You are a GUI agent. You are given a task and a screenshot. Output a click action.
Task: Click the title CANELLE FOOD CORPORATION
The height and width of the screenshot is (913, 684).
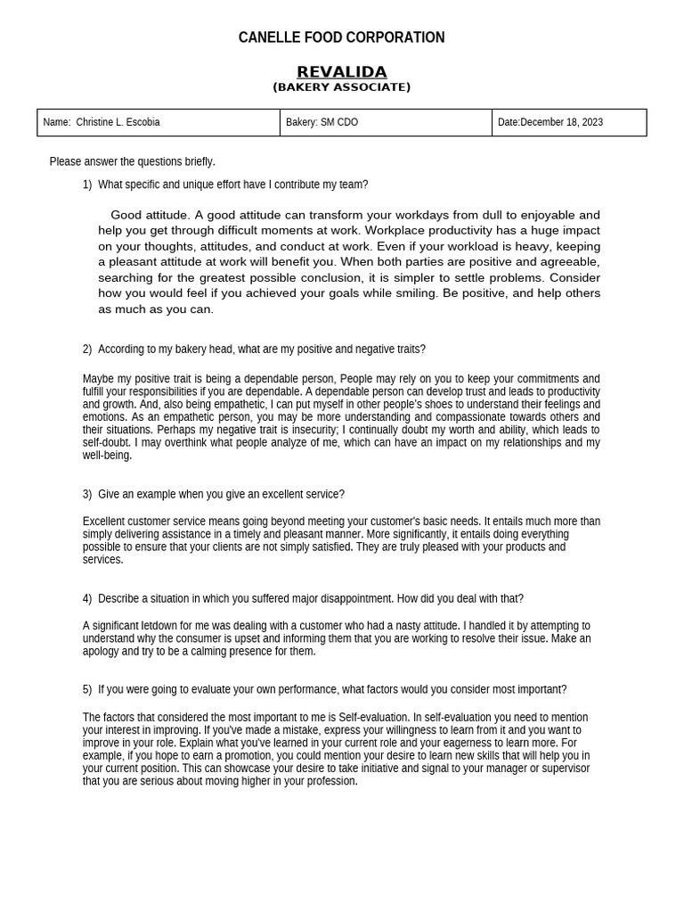tap(341, 37)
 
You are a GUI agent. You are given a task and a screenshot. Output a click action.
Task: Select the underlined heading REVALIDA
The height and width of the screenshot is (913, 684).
tap(341, 72)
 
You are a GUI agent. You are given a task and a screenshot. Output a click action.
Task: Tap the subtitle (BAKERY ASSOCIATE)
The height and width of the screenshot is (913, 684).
tap(341, 87)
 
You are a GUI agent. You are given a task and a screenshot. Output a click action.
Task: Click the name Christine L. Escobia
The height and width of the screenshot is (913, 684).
tap(118, 122)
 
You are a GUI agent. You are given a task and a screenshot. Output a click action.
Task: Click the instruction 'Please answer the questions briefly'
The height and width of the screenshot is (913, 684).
tap(132, 161)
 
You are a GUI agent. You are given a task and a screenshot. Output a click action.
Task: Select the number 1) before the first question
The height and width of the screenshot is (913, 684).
tap(87, 185)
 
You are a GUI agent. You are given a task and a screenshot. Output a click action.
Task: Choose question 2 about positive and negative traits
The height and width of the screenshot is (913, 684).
tap(261, 350)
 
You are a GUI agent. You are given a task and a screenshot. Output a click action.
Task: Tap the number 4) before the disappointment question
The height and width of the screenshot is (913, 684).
tap(87, 598)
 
